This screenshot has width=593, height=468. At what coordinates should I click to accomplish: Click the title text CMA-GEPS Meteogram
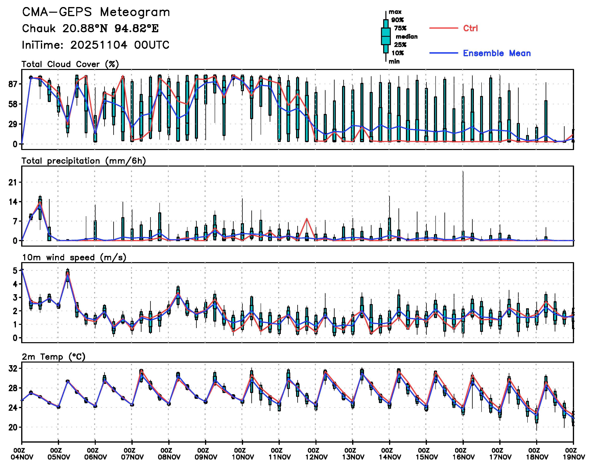click(x=96, y=12)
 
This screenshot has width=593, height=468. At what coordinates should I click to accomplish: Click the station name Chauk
click(x=39, y=28)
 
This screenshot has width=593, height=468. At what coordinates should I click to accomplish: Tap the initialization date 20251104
click(x=99, y=45)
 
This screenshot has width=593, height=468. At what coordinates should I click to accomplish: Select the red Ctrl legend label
click(x=470, y=28)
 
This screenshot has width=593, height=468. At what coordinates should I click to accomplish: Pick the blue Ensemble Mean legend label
click(x=497, y=53)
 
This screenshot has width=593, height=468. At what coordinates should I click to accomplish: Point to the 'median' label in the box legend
click(x=407, y=36)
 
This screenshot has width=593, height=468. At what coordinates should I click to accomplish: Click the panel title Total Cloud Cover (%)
click(x=70, y=64)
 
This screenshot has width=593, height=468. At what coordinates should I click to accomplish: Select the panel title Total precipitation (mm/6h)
click(x=83, y=161)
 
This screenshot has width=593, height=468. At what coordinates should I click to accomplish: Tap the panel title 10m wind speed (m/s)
click(x=74, y=257)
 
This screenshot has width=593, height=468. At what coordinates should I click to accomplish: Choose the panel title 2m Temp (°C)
click(x=54, y=356)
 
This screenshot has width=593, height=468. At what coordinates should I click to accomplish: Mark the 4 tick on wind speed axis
click(x=15, y=284)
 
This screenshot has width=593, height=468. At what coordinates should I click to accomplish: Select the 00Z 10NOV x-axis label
click(x=242, y=454)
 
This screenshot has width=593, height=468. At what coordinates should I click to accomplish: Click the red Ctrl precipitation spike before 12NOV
click(x=307, y=219)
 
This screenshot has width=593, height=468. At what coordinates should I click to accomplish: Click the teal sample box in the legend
click(x=386, y=36)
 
